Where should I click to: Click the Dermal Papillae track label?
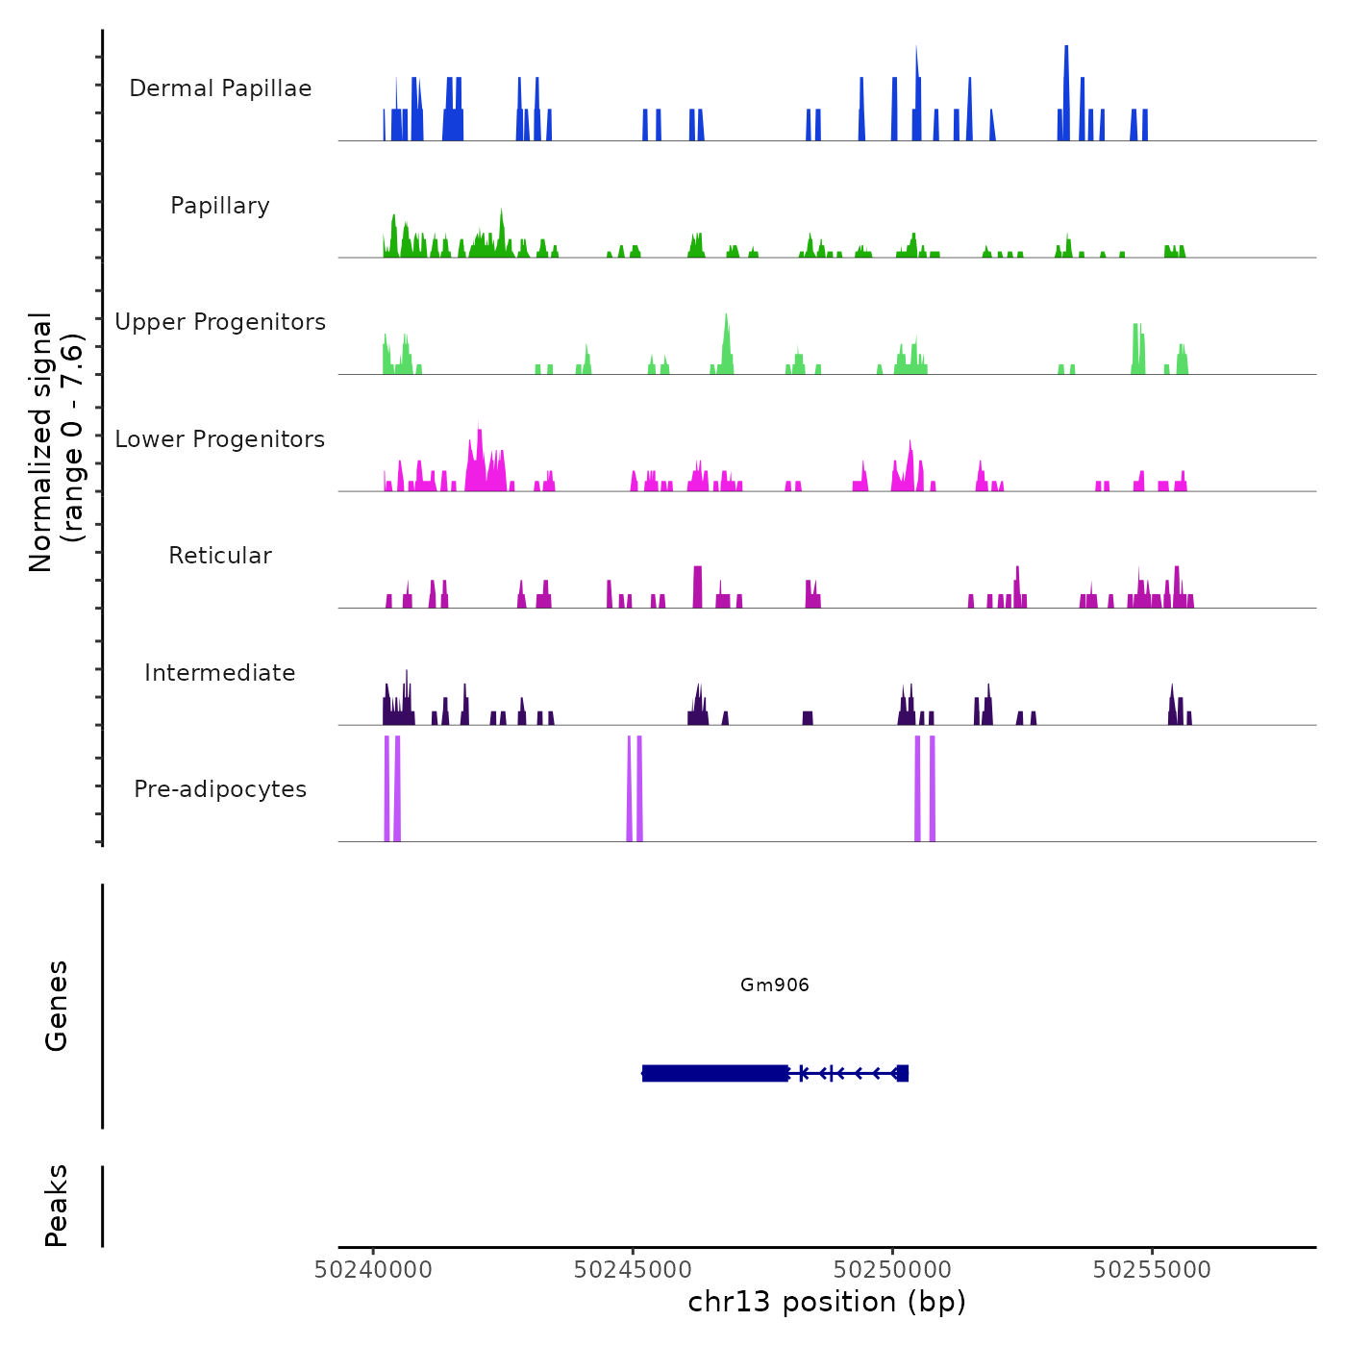220,88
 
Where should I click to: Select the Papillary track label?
220,206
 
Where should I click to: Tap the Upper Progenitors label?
220,322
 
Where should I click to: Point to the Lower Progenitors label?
220,439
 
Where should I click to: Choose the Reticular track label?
220,556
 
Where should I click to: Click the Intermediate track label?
220,673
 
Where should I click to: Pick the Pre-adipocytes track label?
220,789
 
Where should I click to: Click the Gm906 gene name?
775,985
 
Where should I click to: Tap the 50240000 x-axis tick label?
374,1270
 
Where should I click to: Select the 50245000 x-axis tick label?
633,1270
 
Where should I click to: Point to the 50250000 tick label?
892,1270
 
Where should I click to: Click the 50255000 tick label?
1152,1270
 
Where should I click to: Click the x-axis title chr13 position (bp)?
827,1302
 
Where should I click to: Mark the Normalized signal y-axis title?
56,441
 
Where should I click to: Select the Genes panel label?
57,1006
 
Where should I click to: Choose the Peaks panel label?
57,1206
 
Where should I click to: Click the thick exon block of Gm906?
714,1073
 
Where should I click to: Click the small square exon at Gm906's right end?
902,1073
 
